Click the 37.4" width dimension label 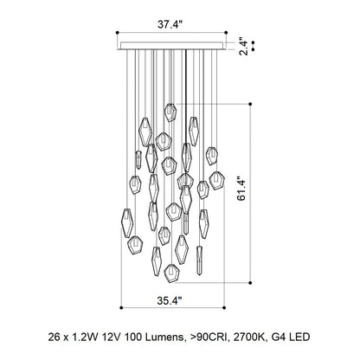point(170,24)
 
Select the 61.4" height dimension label point(241,189)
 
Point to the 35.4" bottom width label point(170,300)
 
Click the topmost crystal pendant point(170,112)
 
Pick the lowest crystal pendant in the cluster point(171,273)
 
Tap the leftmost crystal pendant point(127,223)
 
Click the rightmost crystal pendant point(217,181)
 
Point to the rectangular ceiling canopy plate point(171,46)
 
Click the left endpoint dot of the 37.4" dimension point(118,33)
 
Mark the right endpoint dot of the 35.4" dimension point(224,308)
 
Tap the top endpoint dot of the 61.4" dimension point(250,104)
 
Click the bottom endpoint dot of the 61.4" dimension point(250,283)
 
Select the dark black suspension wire point(186,97)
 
